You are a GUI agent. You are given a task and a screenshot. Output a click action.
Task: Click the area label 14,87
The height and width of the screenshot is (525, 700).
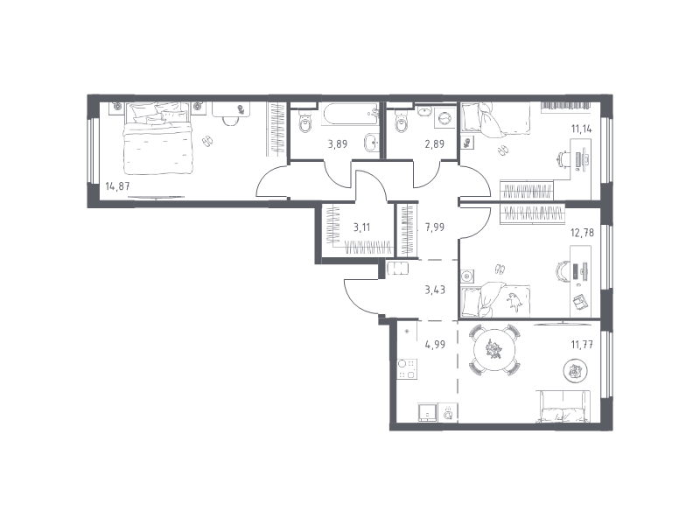coord(117,185)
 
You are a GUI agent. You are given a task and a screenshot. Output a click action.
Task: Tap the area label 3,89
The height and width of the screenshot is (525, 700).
coord(338,143)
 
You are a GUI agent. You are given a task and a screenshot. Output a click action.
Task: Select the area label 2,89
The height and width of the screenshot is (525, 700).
coord(434,143)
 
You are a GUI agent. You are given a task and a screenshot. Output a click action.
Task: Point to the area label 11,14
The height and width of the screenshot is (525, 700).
coord(582,129)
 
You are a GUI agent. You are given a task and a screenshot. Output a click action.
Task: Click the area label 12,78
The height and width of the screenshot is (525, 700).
coord(583,233)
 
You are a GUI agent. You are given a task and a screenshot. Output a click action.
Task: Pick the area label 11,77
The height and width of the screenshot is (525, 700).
coord(582,344)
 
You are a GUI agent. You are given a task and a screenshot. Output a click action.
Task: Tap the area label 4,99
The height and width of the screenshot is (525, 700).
coord(435,344)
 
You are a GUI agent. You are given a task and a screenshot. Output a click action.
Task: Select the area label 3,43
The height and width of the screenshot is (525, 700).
coord(435,290)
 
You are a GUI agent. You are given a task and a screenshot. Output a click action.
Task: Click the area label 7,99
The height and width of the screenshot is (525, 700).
coord(435,227)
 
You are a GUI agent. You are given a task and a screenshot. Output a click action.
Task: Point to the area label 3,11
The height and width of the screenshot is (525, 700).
coord(361,227)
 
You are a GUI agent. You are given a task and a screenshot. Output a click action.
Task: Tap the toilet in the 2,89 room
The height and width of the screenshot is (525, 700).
coord(402,121)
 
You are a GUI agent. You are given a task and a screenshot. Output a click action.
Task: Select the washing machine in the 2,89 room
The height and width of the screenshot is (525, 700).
coord(445,118)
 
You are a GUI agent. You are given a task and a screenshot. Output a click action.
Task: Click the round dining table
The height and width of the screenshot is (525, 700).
coord(494,348)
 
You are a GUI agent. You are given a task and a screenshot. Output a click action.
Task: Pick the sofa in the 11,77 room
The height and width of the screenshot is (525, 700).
coord(563,406)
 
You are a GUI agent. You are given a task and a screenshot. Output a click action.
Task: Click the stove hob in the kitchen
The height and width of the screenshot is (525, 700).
coord(407,369)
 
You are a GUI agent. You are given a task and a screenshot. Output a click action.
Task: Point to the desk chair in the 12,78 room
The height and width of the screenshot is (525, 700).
coord(560,271)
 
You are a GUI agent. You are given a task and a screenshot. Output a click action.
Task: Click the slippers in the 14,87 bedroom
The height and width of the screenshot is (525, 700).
coord(206,141)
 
